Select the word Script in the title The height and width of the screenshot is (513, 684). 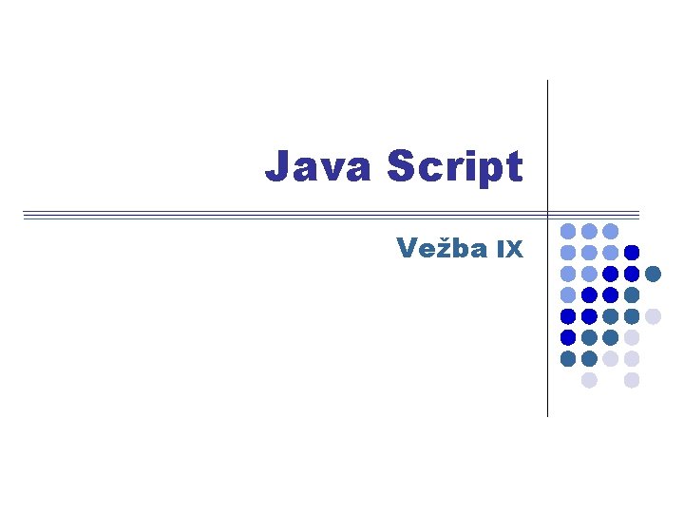pos(455,168)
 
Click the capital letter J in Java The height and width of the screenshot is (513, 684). pos(276,166)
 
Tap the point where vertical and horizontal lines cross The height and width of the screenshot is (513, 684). pos(548,216)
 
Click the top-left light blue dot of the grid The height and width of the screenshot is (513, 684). pos(568,231)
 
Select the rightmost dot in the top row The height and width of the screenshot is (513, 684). pos(611,231)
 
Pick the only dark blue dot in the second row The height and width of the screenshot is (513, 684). pos(632,253)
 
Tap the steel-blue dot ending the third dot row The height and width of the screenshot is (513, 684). pos(653,274)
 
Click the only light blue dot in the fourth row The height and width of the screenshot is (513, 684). pos(568,294)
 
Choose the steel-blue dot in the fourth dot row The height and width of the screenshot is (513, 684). pos(632,294)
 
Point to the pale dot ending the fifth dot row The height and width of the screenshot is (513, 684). pos(653,316)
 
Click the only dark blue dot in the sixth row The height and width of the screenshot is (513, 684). pos(568,337)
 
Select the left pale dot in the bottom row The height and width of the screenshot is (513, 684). pos(589,380)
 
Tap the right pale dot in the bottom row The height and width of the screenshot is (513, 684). pos(632,380)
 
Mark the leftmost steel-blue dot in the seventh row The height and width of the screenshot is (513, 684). pos(568,358)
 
